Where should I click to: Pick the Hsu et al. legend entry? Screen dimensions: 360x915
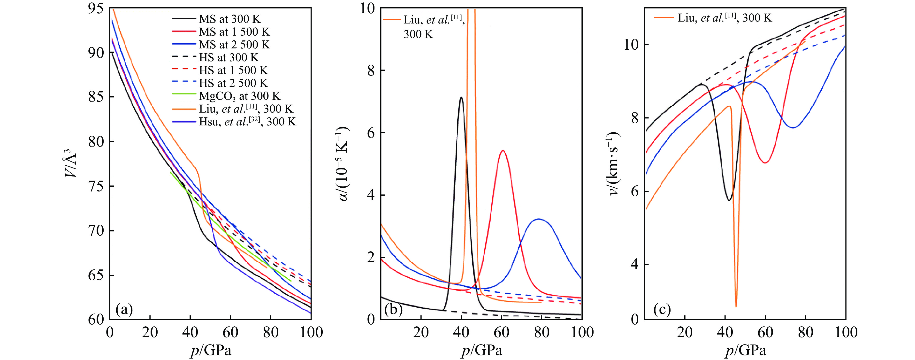247,122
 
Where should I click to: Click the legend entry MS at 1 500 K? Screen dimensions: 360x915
234,32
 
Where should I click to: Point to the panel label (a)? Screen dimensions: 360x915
124,310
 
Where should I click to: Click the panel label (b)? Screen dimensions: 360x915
393,310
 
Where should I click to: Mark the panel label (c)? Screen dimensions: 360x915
662,310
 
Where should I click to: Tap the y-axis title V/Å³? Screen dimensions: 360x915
71,163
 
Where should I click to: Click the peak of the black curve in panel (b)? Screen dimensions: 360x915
461,97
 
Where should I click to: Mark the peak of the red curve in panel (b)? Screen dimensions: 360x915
503,151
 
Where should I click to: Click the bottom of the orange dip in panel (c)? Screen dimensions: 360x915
736,306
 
